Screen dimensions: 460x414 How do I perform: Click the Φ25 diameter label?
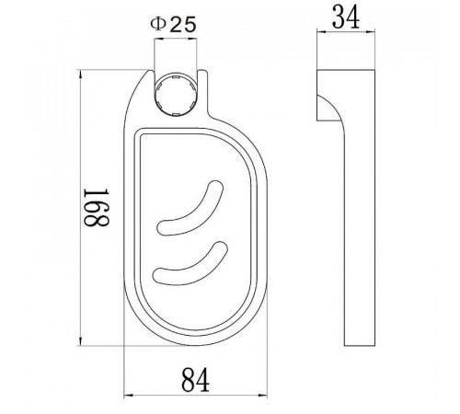pos(173,25)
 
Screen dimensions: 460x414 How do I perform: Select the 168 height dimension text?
pos(97,207)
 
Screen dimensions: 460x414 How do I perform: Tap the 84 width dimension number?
pos(196,380)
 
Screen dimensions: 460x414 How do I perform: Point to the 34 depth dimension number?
pos(346,17)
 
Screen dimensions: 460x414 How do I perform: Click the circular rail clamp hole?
pos(176,95)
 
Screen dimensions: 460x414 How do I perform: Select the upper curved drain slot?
pos(190,209)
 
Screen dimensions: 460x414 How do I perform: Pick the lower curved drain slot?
pos(190,263)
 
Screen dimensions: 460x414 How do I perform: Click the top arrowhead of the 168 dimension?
pos(81,75)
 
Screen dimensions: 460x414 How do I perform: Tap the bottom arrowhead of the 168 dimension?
pos(81,341)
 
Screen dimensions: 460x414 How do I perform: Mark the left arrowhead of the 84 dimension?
pos(128,396)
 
